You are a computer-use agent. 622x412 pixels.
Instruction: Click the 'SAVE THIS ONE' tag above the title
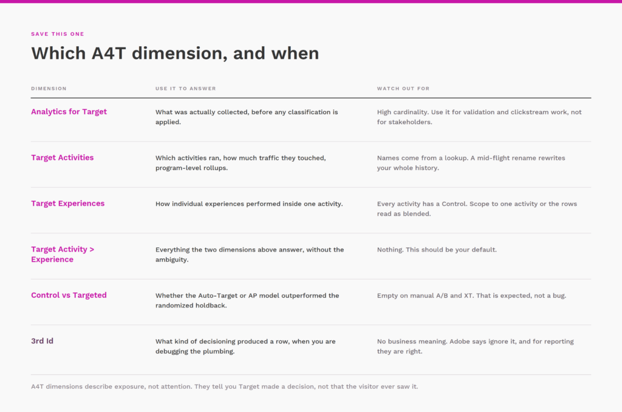pyautogui.click(x=58, y=34)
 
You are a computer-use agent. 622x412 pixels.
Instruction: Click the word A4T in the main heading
pyautogui.click(x=109, y=53)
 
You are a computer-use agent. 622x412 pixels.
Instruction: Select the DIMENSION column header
pyautogui.click(x=49, y=89)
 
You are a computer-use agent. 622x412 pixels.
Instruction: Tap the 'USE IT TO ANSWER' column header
pyautogui.click(x=186, y=89)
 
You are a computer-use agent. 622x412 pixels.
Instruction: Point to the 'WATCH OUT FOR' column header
pyautogui.click(x=403, y=89)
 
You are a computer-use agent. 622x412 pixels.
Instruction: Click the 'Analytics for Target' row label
pyautogui.click(x=69, y=112)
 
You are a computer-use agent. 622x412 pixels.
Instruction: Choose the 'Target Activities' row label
pyautogui.click(x=63, y=157)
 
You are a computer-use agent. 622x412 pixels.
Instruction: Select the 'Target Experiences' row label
pyautogui.click(x=68, y=203)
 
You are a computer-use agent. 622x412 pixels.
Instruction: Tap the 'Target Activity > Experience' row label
pyautogui.click(x=63, y=254)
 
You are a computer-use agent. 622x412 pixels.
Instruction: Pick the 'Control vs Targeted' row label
pyautogui.click(x=69, y=295)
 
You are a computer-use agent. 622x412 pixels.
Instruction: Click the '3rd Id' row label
pyautogui.click(x=42, y=341)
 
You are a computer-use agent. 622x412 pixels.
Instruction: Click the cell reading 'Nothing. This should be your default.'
pyautogui.click(x=437, y=250)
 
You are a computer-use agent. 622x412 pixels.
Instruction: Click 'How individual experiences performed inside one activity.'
pyautogui.click(x=249, y=204)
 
